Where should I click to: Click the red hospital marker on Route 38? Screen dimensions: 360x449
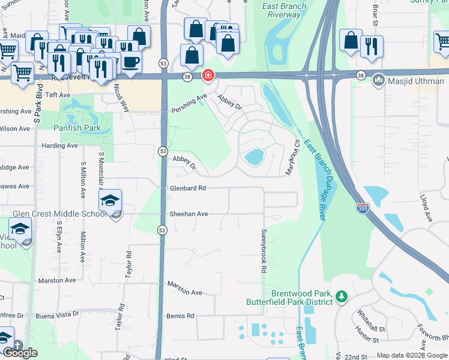tap(208, 76)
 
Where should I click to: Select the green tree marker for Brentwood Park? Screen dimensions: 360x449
tap(342, 296)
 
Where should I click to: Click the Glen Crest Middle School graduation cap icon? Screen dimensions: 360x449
tap(110, 202)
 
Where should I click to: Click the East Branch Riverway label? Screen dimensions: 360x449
tap(284, 11)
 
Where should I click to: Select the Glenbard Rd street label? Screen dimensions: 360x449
tap(188, 188)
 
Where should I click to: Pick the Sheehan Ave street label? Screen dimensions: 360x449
tap(188, 214)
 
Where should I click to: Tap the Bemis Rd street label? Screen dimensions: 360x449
tap(181, 316)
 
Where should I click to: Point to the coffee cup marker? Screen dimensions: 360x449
tap(131, 61)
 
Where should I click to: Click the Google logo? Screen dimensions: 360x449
tap(20, 353)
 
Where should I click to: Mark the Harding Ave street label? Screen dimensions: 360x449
tap(59, 145)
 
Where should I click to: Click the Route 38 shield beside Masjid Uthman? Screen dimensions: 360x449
tap(360, 76)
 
